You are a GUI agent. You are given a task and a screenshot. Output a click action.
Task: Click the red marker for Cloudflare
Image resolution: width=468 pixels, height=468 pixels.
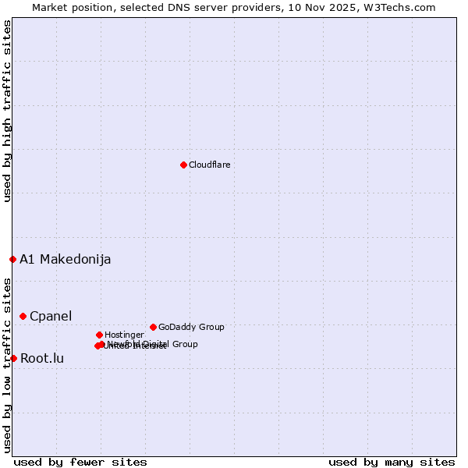tap(183, 165)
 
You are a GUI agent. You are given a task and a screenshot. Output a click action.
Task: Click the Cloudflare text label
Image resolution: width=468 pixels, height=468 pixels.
tap(209, 165)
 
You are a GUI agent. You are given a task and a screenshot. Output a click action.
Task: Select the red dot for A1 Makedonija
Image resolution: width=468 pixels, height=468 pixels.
tap(12, 259)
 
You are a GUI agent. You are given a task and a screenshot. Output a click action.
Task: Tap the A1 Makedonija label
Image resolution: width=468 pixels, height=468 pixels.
tap(65, 259)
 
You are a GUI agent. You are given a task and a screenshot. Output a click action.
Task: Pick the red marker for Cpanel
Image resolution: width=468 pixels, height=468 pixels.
tap(23, 316)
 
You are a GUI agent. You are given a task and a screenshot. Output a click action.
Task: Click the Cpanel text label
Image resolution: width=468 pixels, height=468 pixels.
tap(50, 316)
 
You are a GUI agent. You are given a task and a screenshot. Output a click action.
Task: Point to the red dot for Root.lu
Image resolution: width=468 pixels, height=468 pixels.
tap(13, 358)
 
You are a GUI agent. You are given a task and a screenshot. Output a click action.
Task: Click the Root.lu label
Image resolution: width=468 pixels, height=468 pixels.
tap(42, 358)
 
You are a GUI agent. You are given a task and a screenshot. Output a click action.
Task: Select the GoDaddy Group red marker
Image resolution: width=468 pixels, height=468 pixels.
tap(153, 327)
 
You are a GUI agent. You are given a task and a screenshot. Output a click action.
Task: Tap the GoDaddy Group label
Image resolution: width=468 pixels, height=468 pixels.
tap(191, 327)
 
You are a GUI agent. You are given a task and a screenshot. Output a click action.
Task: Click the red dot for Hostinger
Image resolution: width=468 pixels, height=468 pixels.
tap(99, 335)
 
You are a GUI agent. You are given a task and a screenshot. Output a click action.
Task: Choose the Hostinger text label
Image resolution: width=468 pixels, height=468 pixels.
tap(124, 335)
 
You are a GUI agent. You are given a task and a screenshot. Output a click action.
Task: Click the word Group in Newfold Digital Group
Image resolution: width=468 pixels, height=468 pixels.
tap(185, 344)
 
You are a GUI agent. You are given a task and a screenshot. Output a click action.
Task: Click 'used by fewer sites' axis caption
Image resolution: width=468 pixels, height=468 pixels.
tap(80, 462)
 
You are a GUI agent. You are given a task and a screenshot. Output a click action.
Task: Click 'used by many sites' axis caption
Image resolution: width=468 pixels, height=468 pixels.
tap(392, 462)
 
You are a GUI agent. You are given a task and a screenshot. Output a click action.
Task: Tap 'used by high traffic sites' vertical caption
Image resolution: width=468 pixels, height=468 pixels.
tap(7, 111)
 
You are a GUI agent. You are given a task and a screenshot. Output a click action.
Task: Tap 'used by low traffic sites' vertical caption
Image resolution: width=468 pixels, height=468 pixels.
tap(7, 365)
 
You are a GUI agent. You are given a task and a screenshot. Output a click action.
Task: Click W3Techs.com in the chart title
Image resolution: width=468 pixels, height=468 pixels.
tap(397, 7)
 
